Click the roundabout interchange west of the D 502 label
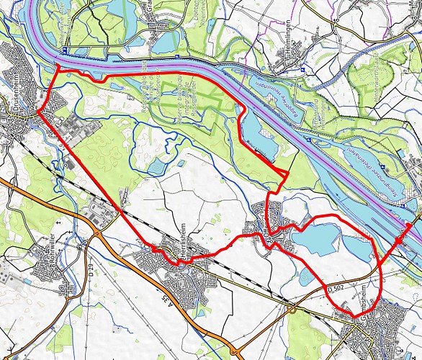coord(292,310)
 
